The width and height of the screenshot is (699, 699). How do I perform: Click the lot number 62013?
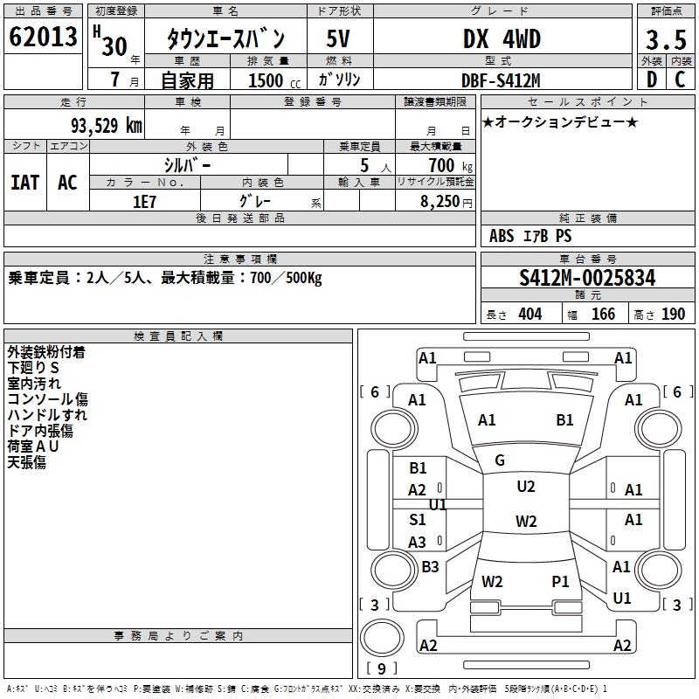tap(43, 38)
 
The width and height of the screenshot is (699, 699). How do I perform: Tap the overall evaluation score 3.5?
tap(665, 41)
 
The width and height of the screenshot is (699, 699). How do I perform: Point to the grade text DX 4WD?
tap(502, 39)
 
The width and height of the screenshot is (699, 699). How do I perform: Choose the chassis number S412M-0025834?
tap(587, 278)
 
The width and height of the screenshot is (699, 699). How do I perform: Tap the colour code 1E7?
tap(144, 201)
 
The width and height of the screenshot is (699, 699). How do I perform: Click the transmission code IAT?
tap(25, 182)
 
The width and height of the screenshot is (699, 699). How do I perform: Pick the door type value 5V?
tap(340, 39)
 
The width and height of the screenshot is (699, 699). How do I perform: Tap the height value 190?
tap(673, 314)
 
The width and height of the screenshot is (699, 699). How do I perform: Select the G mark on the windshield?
tap(500, 460)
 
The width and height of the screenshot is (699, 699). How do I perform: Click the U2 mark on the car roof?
tap(526, 487)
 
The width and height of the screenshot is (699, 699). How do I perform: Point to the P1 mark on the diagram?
tap(560, 581)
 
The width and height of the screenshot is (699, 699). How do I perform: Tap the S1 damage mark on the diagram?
tap(418, 519)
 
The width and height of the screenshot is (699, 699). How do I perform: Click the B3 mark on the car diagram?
tap(430, 567)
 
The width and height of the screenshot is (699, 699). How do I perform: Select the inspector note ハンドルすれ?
tap(48, 415)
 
